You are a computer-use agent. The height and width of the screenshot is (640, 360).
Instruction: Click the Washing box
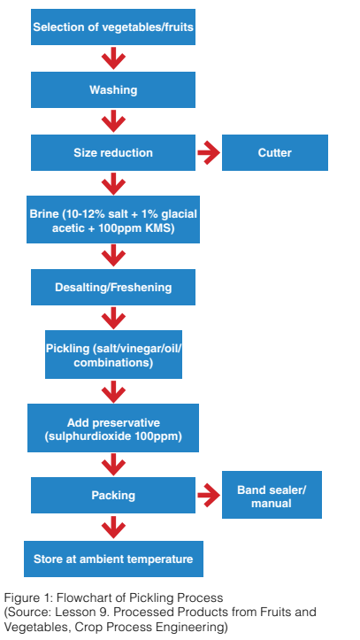point(113,89)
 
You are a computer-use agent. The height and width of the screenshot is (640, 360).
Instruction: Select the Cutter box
point(275,152)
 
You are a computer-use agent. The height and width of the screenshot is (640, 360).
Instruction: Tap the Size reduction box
point(113,152)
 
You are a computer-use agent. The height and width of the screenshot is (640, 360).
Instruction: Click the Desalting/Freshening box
point(113,287)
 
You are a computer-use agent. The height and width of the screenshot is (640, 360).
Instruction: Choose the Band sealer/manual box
point(272,495)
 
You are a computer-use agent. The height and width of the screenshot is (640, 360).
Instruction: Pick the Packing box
point(113,495)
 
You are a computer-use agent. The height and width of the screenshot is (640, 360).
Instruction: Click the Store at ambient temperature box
point(113,559)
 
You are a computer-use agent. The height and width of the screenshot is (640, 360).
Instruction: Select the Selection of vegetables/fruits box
point(113,27)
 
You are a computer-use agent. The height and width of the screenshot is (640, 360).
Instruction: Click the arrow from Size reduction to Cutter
point(209,152)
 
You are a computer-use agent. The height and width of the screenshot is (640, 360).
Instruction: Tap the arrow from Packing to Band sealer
point(209,495)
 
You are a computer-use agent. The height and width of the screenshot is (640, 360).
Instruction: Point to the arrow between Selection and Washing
point(113,58)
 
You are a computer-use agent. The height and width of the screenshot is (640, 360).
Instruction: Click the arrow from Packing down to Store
point(113,527)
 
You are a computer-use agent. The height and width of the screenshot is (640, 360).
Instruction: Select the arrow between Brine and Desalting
point(113,256)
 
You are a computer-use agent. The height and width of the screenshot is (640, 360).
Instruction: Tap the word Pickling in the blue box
point(67,349)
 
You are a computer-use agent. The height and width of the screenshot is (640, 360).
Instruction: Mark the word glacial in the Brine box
point(180,214)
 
